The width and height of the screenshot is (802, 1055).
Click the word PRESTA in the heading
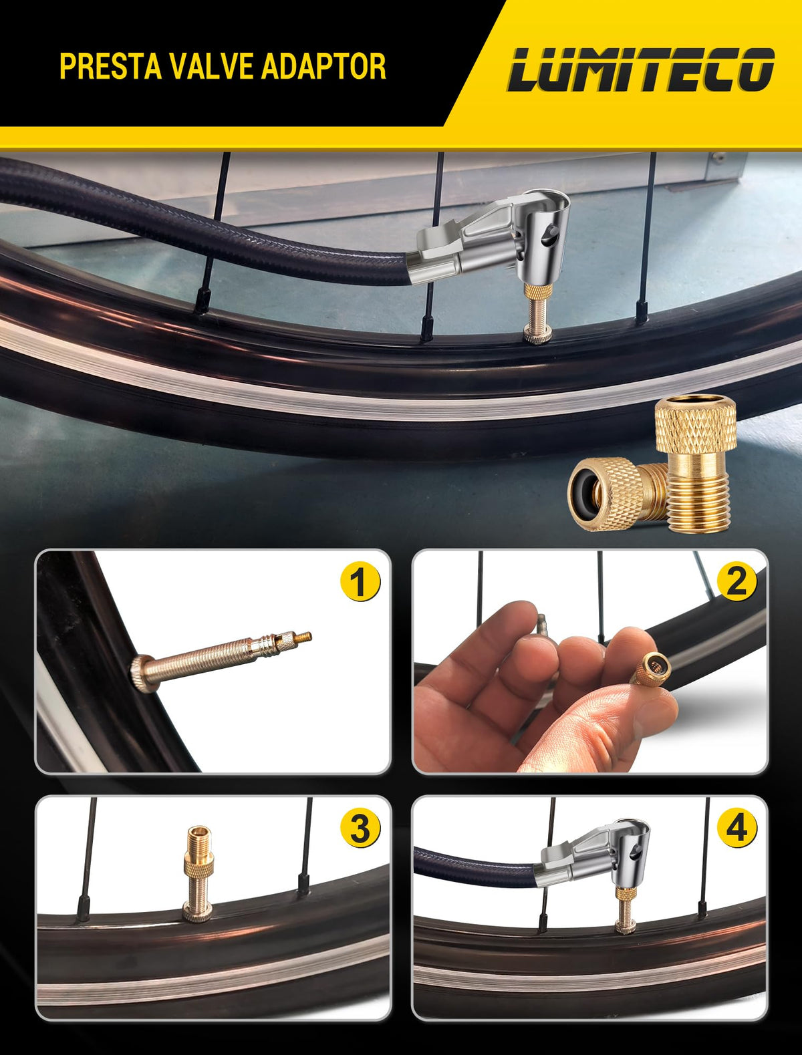[110, 66]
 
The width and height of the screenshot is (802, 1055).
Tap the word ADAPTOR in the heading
[324, 66]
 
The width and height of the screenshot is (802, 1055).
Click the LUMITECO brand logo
[640, 69]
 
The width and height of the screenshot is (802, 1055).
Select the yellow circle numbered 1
[360, 582]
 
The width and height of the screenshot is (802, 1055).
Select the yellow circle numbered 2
[736, 581]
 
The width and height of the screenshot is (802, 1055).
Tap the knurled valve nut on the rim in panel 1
[140, 674]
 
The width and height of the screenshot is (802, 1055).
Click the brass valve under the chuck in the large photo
[537, 313]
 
